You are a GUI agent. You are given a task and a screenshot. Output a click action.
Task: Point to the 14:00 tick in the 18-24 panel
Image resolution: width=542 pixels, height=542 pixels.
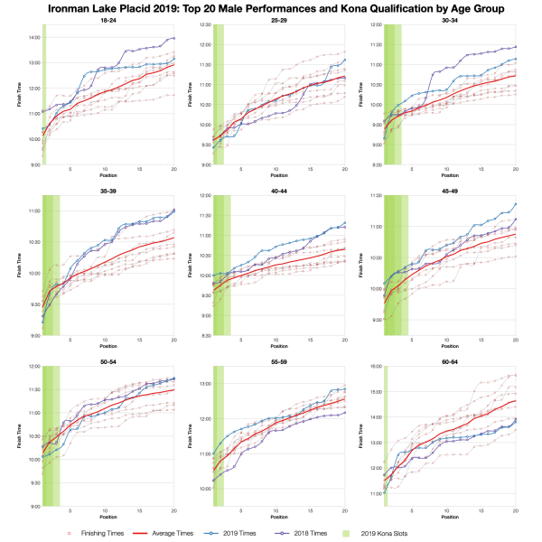tap(33, 37)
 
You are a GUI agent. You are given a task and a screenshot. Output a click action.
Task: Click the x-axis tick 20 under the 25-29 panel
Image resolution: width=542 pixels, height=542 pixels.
tap(344, 170)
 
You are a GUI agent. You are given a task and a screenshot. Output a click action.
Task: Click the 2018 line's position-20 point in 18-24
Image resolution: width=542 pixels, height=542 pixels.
tap(174, 39)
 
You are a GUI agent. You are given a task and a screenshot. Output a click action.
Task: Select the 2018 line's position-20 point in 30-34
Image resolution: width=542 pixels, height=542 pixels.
tap(515, 46)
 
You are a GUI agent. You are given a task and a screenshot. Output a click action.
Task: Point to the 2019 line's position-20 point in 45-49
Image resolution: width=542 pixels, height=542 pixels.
tap(515, 204)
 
